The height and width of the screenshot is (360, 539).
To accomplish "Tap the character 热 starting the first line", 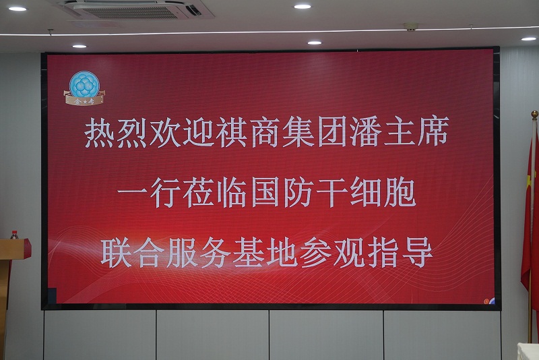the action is click(99, 133).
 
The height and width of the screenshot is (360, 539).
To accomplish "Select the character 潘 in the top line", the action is click(366, 132).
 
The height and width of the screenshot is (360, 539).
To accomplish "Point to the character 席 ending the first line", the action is click(433, 131).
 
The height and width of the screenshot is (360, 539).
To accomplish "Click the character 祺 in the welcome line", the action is click(231, 133).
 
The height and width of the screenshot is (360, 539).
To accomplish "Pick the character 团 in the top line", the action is click(332, 132).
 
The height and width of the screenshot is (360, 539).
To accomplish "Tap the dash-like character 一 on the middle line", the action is click(132, 192).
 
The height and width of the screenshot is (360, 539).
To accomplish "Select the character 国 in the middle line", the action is click(265, 192).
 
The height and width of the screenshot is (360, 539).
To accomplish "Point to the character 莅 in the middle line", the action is click(199, 192).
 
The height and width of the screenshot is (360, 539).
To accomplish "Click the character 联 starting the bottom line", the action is click(116, 252).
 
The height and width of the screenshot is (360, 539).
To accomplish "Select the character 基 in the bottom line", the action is click(249, 252).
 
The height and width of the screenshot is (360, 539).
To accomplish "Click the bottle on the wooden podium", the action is click(14, 235).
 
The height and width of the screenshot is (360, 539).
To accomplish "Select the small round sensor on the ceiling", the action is click(411, 26).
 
